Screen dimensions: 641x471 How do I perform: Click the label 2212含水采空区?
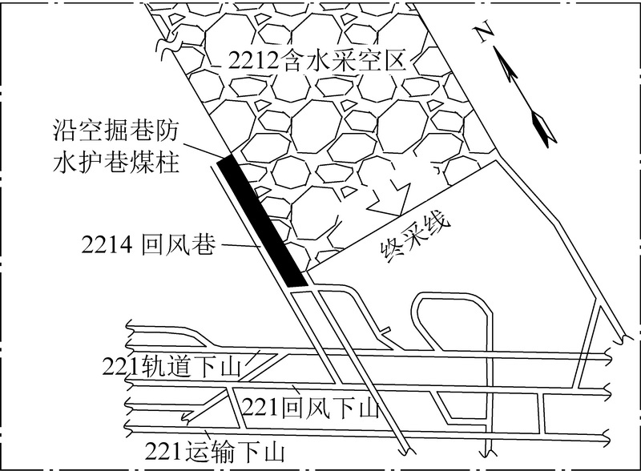(317, 62)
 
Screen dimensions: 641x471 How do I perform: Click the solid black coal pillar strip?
(262, 221)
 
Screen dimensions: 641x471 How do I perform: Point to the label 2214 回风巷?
(148, 245)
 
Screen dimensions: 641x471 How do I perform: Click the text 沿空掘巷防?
(115, 131)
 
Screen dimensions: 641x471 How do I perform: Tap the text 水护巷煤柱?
(115, 162)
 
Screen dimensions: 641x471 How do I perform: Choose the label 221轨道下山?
(171, 366)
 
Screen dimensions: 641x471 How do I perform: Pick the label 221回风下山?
(311, 407)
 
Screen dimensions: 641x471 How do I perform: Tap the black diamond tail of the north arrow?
(544, 128)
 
